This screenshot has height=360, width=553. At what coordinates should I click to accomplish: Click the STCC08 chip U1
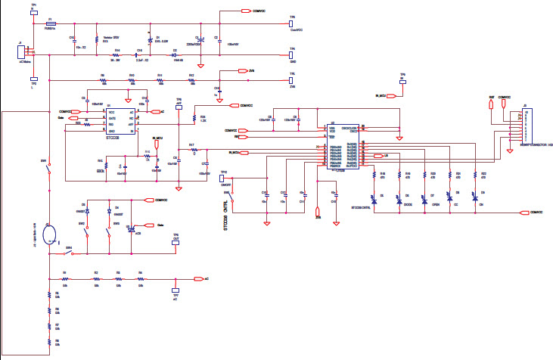(121, 120)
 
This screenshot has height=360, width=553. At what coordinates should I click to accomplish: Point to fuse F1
(50, 24)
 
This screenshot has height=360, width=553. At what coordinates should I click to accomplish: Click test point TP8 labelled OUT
(175, 244)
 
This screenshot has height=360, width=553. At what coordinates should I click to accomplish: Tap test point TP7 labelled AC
(175, 290)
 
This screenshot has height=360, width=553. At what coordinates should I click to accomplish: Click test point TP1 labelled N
(33, 11)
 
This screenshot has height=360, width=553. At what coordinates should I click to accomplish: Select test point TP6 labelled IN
(403, 83)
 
